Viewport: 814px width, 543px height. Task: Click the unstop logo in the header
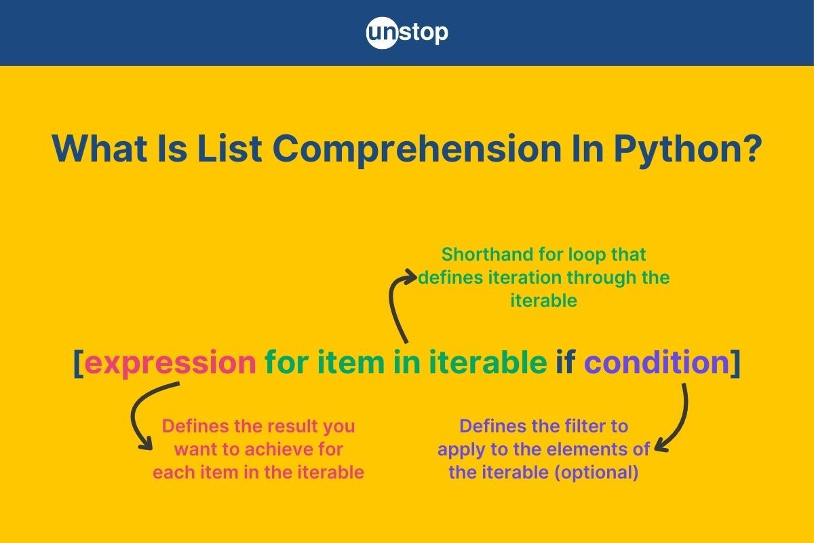tap(407, 33)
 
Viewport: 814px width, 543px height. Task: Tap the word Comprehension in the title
tap(416, 150)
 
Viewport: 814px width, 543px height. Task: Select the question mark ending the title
tap(751, 148)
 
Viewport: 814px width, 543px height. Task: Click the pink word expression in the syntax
tap(170, 362)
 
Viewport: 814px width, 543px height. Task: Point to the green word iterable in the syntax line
tap(488, 362)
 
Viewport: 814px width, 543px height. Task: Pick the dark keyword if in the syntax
tap(566, 362)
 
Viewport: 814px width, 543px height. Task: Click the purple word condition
tap(657, 362)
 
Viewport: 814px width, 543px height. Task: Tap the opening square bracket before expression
tap(79, 363)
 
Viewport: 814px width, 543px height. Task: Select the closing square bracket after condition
tap(735, 363)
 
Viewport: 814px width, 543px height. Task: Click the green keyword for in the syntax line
tap(287, 362)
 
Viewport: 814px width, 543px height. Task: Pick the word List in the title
tap(230, 149)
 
